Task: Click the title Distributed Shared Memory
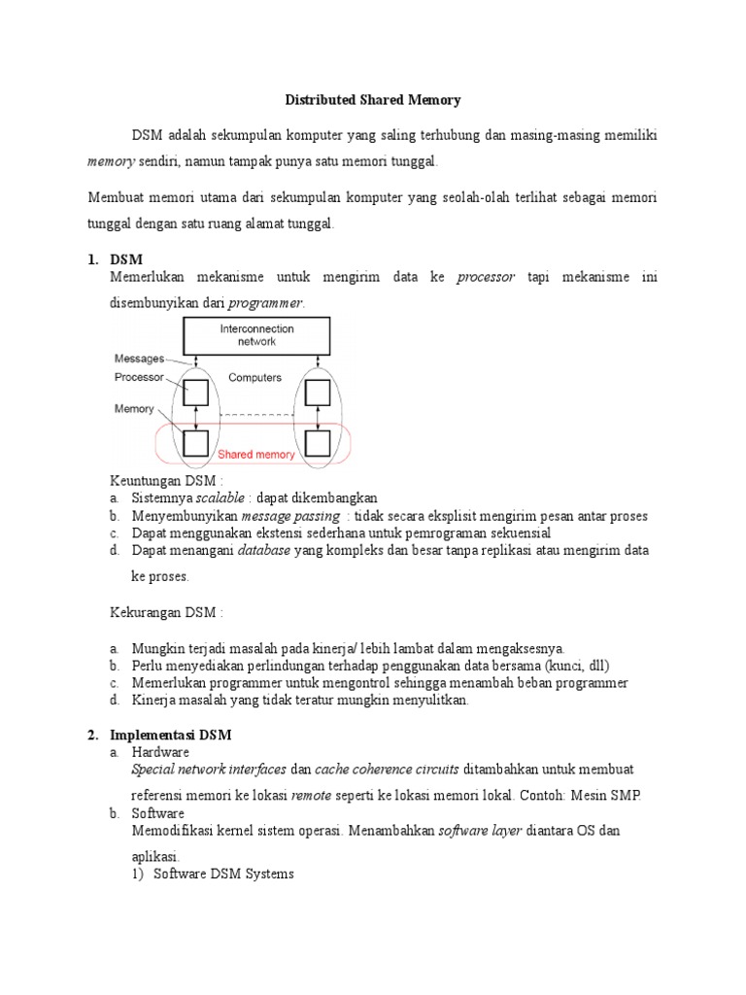pyautogui.click(x=372, y=100)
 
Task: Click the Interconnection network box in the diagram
pyautogui.click(x=256, y=335)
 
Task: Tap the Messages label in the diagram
pyautogui.click(x=139, y=359)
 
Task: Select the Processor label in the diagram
pyautogui.click(x=139, y=377)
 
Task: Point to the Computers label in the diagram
pyautogui.click(x=254, y=378)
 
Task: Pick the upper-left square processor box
pyautogui.click(x=196, y=393)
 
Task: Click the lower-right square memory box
pyautogui.click(x=317, y=443)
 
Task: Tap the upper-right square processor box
pyautogui.click(x=317, y=393)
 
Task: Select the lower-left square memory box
pyautogui.click(x=196, y=443)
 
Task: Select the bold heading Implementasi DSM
pyautogui.click(x=172, y=735)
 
